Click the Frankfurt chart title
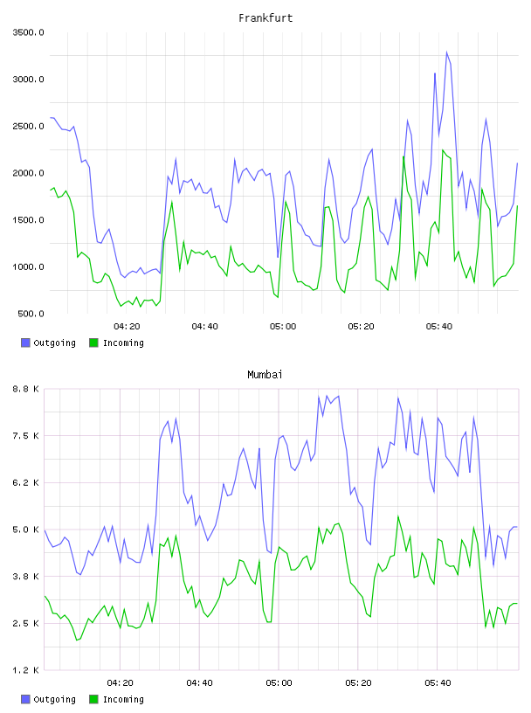click(x=265, y=18)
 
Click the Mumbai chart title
click(x=265, y=375)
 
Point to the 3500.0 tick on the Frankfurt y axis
click(x=28, y=32)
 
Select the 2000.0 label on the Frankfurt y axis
click(x=28, y=173)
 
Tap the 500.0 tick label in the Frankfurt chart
click(x=31, y=314)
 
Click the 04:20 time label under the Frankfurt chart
click(x=127, y=326)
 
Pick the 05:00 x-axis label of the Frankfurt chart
click(x=283, y=326)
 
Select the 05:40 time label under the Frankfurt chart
click(x=439, y=326)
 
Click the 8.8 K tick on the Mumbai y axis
click(x=26, y=389)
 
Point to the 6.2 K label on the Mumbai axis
click(x=26, y=482)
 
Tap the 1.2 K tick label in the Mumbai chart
click(x=26, y=670)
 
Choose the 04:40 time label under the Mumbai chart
click(x=200, y=682)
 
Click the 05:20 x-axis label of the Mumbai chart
click(x=358, y=682)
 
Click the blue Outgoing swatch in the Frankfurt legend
click(x=25, y=343)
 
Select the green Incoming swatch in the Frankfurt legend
click(x=93, y=343)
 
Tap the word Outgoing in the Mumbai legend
click(x=54, y=699)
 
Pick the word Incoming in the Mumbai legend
click(x=123, y=699)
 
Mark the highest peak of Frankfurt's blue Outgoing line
click(x=446, y=52)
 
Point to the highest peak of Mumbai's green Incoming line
click(x=398, y=516)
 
